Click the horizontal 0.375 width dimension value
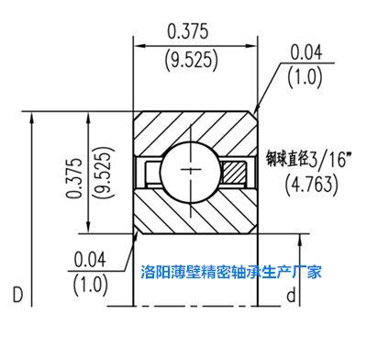(187, 31)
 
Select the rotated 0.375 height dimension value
(74, 178)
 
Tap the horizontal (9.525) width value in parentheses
(192, 60)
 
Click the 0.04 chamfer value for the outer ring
(306, 52)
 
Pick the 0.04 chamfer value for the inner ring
(90, 259)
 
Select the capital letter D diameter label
(17, 295)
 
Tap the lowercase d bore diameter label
(291, 295)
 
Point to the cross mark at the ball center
(191, 169)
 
